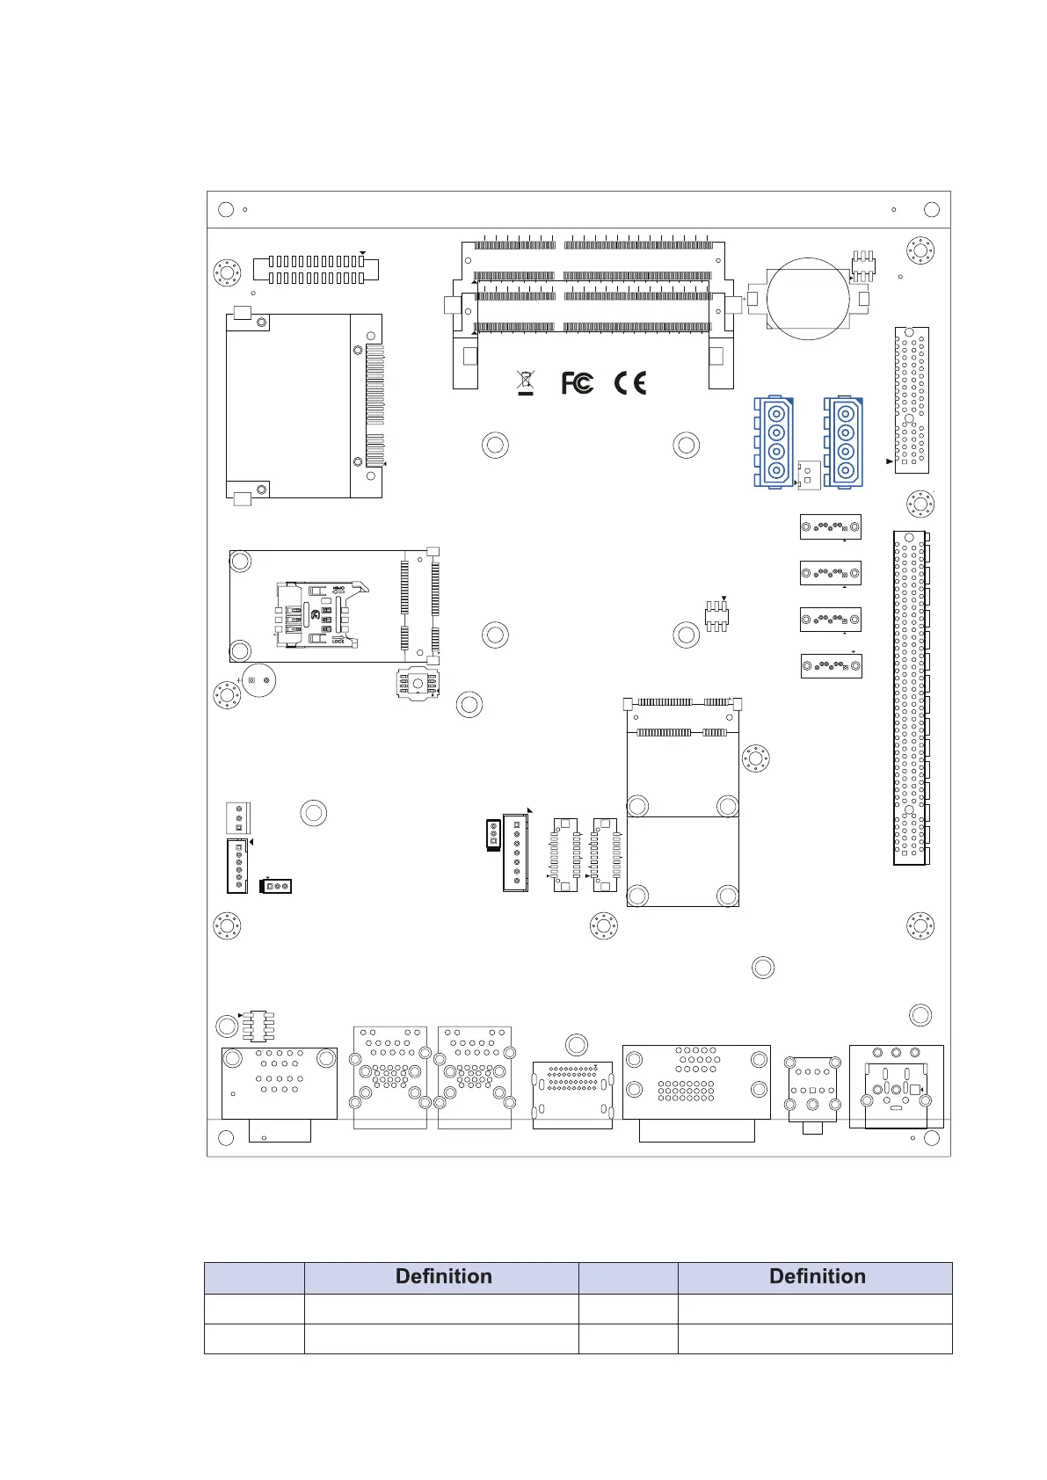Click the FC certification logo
[x=577, y=383]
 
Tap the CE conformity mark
[x=629, y=383]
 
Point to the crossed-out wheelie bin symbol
[x=525, y=382]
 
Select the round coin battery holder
[x=808, y=298]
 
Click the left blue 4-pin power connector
[x=774, y=441]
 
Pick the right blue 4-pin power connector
[x=844, y=441]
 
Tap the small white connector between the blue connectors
[x=809, y=475]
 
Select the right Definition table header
[x=816, y=1277]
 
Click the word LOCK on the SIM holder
[x=338, y=642]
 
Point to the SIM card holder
[x=316, y=614]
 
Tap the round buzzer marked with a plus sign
[x=258, y=680]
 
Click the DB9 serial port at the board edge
[x=279, y=1084]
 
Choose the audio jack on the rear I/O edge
[x=812, y=1091]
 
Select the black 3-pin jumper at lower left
[x=276, y=886]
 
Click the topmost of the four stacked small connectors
[x=830, y=526]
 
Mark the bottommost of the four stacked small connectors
[x=830, y=665]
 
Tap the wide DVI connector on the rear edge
[x=696, y=1082]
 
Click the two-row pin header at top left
[x=316, y=269]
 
